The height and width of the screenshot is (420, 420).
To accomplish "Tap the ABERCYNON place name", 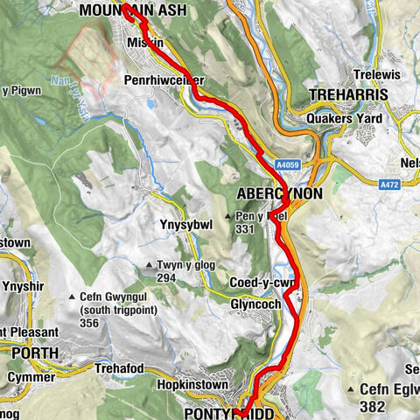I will tap(279, 193).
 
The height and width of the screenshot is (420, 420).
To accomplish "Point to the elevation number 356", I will tap(90, 323).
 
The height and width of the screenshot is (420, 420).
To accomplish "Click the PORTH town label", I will tap(35, 353).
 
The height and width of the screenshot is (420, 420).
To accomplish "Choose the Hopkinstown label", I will tap(192, 384).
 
